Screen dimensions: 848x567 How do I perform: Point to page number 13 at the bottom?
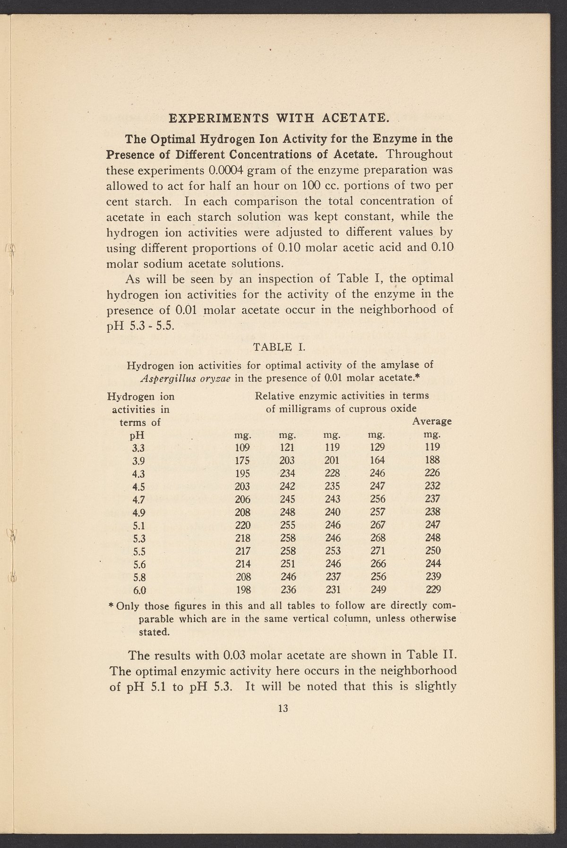[283, 708]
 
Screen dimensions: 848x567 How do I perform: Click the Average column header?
[432, 421]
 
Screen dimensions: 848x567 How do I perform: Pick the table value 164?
[378, 460]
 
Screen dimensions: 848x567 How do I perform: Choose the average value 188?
[432, 460]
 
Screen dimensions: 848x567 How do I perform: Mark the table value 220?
[242, 525]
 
